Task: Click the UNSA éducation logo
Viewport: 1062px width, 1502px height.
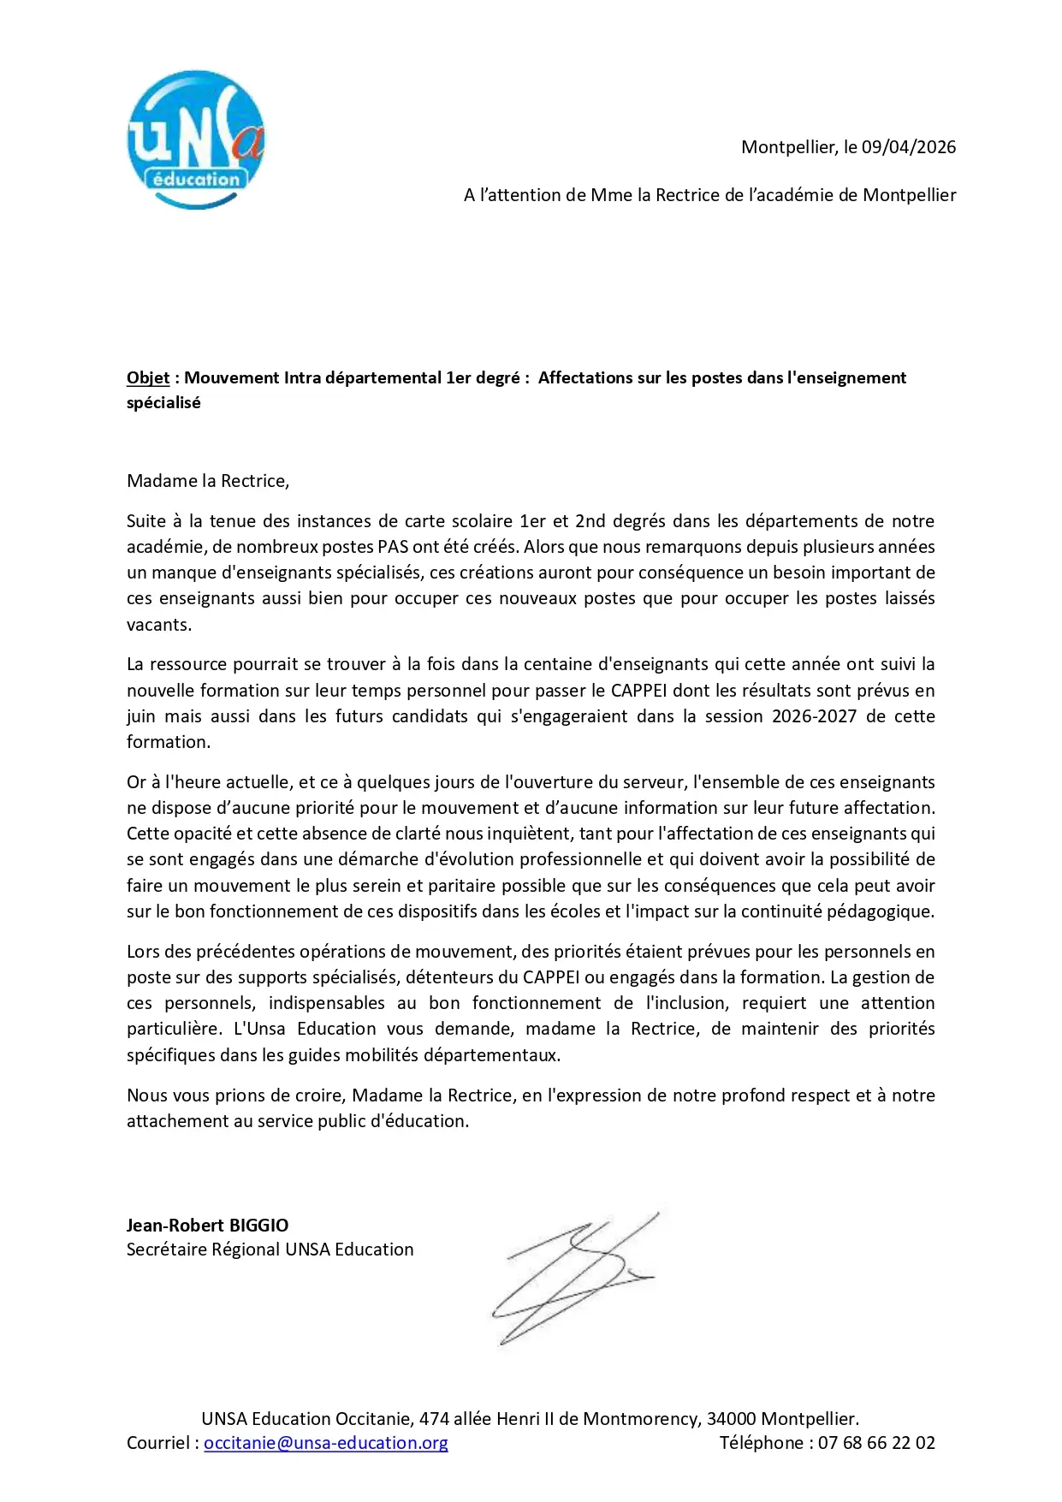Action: click(x=196, y=140)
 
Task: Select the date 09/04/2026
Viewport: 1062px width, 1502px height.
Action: click(x=908, y=147)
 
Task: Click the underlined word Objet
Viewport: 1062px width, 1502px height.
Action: click(x=148, y=378)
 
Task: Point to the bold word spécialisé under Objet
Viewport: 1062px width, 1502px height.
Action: click(x=163, y=403)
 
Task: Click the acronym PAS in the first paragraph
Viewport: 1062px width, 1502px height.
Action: click(x=393, y=547)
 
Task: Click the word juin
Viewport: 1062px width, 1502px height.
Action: click(x=141, y=716)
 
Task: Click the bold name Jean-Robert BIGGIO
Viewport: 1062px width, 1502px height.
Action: click(x=207, y=1226)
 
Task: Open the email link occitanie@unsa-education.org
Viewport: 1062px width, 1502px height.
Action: click(x=325, y=1443)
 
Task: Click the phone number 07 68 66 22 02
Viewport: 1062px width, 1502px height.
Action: click(x=876, y=1443)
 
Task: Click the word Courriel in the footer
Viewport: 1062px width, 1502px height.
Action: click(x=158, y=1443)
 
